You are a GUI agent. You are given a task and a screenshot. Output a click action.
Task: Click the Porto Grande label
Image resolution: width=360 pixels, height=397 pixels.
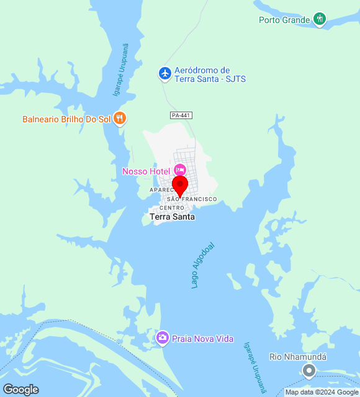coord(284,20)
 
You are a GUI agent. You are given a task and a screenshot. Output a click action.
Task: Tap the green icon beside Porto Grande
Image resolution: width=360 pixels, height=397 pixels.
coord(320,19)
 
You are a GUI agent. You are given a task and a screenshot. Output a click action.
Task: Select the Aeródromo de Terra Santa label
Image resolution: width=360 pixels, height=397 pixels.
coord(202,74)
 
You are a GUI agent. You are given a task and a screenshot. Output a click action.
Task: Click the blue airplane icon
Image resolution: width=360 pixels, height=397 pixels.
coord(165,74)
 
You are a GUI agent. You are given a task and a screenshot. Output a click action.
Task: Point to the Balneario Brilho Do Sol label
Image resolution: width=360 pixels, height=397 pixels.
coord(66,119)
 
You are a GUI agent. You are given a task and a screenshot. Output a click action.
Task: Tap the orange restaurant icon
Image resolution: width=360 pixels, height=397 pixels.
coord(120,118)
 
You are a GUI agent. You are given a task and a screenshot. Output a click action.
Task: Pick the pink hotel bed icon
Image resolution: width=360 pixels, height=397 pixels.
coord(179,169)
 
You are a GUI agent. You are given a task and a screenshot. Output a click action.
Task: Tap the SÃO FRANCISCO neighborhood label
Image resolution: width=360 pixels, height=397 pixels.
coord(192,198)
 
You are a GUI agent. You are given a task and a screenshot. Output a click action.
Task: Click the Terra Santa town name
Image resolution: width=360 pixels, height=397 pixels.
coord(172,216)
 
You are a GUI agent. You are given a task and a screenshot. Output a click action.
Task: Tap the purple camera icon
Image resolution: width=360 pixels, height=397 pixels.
coord(162,337)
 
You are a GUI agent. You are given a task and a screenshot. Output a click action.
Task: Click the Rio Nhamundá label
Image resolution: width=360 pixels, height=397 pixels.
coord(298,357)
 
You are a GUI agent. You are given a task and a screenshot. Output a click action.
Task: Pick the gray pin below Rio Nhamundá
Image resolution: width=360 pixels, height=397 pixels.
coord(308,371)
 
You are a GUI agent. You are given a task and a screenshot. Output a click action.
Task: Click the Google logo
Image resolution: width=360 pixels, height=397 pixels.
coord(20,390)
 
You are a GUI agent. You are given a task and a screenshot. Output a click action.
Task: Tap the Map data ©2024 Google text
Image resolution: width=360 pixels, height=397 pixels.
coord(322,392)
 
